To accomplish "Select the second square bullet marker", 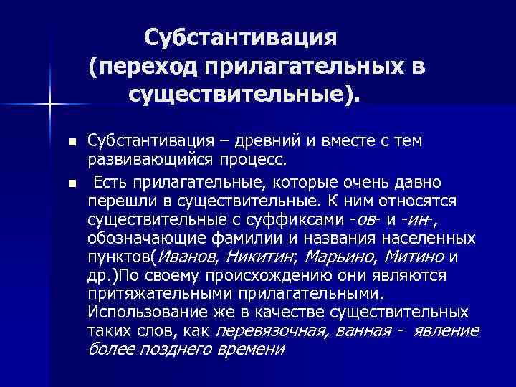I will pyautogui.click(x=70, y=184).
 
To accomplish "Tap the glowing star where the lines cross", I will pyautogui.click(x=50, y=105).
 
